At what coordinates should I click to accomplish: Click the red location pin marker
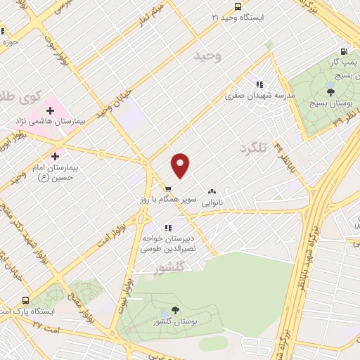point(181,166)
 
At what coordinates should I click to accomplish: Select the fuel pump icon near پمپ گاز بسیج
point(343,51)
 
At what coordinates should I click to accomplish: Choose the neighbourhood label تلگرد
point(255,148)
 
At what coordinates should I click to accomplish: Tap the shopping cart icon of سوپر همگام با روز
point(167,188)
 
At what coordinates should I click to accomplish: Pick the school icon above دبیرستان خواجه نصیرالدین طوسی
point(167,228)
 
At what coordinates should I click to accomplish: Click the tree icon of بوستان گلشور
point(175,310)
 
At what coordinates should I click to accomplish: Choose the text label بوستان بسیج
point(335,103)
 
